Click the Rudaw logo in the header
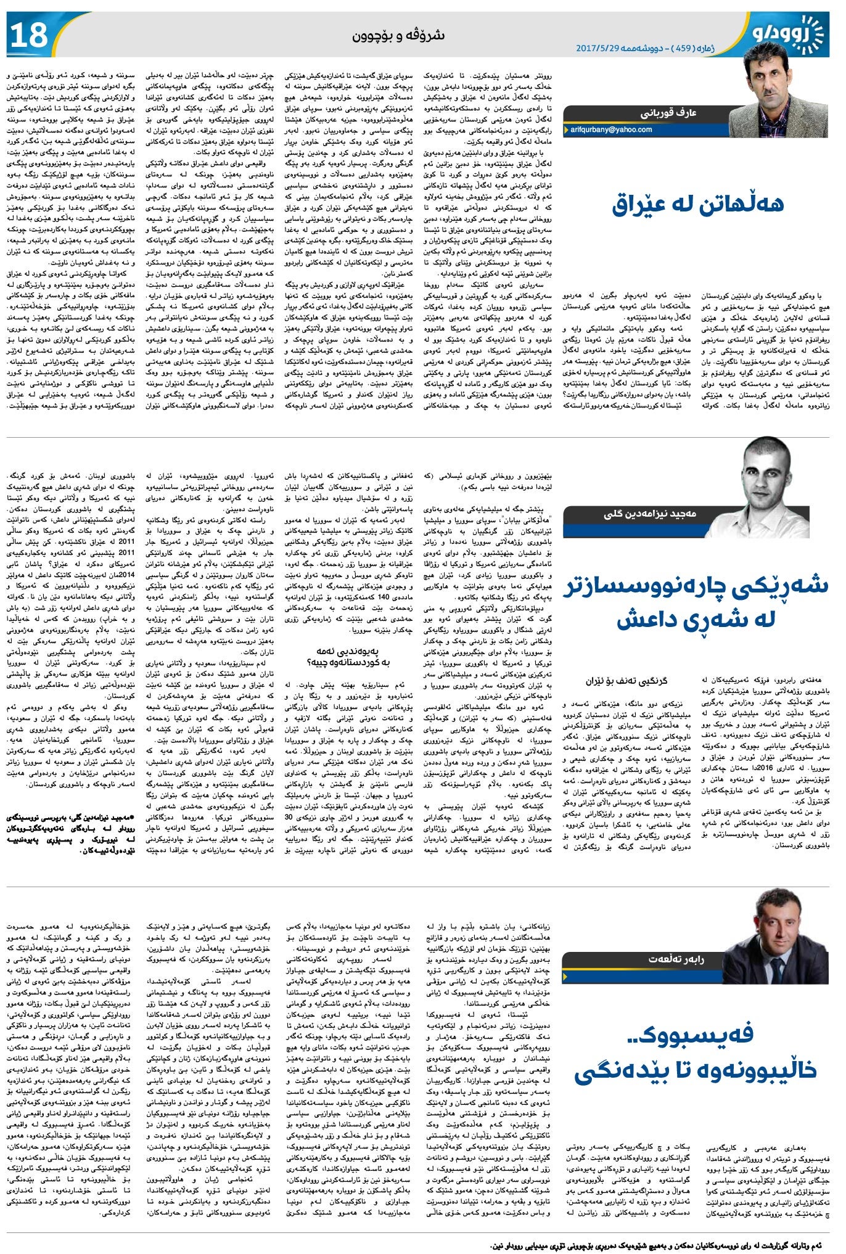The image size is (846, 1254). coord(789,32)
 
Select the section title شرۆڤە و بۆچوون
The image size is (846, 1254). coord(398,35)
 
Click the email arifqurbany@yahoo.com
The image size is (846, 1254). coord(611,129)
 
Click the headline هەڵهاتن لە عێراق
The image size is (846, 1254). coord(698,204)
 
